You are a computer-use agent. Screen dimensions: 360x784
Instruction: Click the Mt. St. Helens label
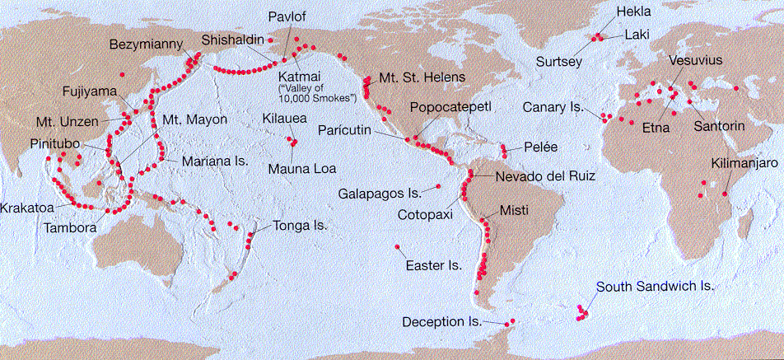pyautogui.click(x=422, y=78)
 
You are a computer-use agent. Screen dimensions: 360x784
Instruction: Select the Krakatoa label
pyautogui.click(x=29, y=208)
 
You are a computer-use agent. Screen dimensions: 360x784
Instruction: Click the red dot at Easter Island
pyautogui.click(x=398, y=247)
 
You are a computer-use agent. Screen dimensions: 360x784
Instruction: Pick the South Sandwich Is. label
pyautogui.click(x=655, y=287)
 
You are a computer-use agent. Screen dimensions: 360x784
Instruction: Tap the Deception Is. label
pyautogui.click(x=441, y=321)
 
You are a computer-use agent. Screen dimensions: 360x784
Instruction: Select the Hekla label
pyautogui.click(x=633, y=12)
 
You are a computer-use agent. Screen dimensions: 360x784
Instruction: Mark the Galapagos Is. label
pyautogui.click(x=380, y=193)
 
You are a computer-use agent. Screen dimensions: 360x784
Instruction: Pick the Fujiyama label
pyautogui.click(x=90, y=91)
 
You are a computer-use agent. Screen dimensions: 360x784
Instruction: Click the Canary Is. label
pyautogui.click(x=553, y=108)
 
